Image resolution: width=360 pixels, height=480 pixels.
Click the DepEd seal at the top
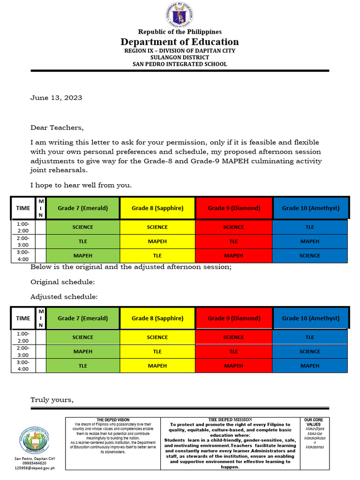pos(180,15)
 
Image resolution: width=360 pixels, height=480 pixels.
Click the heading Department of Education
pos(180,42)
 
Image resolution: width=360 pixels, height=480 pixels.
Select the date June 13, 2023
pos(56,98)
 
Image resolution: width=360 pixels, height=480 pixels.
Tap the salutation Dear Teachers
pos(57,127)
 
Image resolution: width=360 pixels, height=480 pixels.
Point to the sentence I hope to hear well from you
pos(81,185)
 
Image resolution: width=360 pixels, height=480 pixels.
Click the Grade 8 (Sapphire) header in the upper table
pos(157,208)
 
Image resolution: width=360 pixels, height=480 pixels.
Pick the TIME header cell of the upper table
pos(23,208)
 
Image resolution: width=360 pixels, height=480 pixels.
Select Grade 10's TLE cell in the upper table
pos(310,227)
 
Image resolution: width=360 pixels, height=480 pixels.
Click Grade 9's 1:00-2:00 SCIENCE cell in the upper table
pos(233,227)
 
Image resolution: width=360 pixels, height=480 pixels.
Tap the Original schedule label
pos(63,282)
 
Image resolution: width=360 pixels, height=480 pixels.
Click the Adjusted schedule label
pos(64,297)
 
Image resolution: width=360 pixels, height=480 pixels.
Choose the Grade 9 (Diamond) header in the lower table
pos(233,318)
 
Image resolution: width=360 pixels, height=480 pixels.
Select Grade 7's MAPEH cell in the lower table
pos(83,352)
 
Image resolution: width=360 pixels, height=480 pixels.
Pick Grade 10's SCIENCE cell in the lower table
pos(310,352)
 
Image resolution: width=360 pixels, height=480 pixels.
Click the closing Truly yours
pos(52,400)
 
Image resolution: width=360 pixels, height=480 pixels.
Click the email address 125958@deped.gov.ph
pos(35,468)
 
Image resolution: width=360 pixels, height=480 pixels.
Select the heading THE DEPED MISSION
pos(230,420)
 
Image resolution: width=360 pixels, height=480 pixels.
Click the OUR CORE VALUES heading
pos(314,422)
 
